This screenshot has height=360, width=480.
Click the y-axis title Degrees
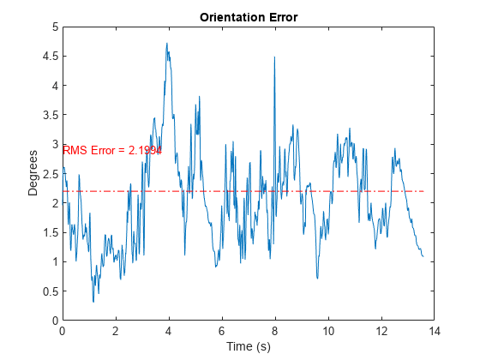pos(33,173)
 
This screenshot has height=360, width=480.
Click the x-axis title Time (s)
pos(248,346)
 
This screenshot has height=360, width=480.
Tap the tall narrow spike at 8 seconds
pos(274,57)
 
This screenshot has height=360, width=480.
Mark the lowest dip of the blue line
pos(93,302)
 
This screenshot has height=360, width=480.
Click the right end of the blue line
pos(423,256)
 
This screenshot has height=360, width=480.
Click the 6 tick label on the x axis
pos(222,331)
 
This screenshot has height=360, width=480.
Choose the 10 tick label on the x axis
pos(328,331)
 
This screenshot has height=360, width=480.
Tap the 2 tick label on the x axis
pos(116,331)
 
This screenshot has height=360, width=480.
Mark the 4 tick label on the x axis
pos(169,331)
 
